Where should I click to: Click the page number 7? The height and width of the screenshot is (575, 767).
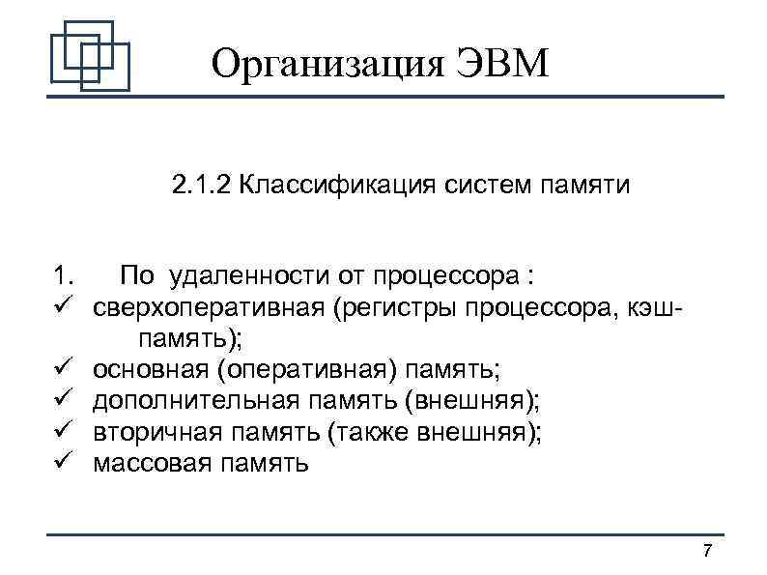[x=707, y=552]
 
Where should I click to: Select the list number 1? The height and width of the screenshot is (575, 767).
[x=65, y=277]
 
